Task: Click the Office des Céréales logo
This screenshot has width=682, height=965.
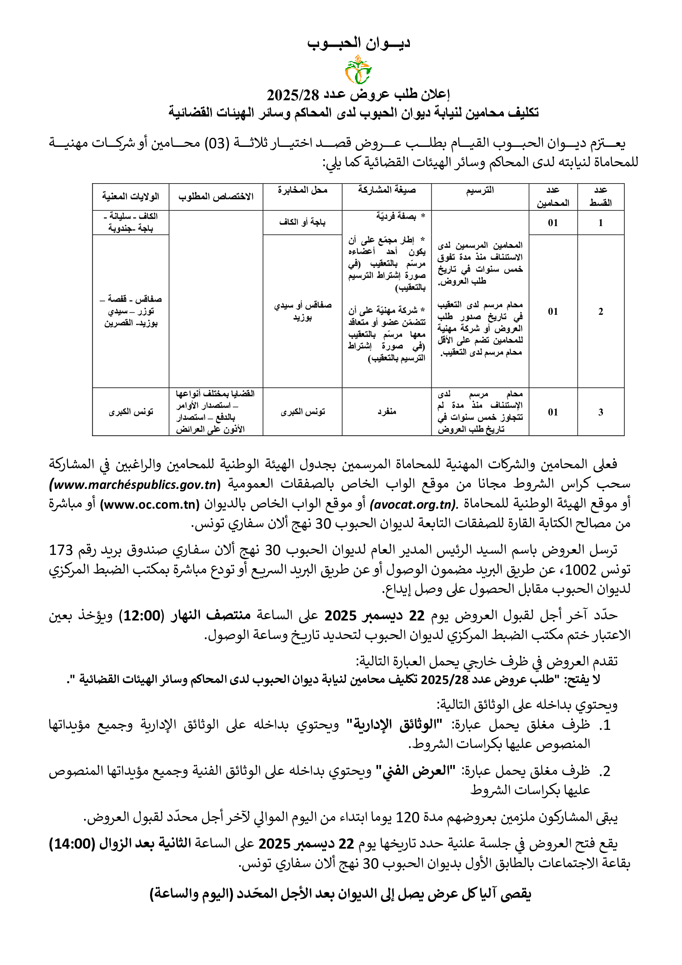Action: (358, 70)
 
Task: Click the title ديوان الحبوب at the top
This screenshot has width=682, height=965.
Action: (358, 43)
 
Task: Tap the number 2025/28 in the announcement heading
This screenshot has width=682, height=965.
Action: (293, 95)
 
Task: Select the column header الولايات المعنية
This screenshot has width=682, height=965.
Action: (131, 196)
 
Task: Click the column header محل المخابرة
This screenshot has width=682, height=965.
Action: (302, 190)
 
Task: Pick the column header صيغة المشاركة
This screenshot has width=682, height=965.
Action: (387, 190)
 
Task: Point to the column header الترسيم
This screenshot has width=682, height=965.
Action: (480, 190)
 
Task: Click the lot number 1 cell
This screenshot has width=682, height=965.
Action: (600, 222)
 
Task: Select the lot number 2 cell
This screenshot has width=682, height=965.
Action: (600, 311)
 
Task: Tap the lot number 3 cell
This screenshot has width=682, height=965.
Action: (600, 412)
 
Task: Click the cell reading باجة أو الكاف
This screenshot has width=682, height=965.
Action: (302, 222)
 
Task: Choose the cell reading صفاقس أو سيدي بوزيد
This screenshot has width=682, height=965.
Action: (302, 311)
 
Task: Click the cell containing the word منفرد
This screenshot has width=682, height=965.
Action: (387, 412)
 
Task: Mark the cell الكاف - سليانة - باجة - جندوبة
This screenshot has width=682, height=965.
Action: (131, 222)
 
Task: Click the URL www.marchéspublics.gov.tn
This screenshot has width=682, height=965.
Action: (135, 485)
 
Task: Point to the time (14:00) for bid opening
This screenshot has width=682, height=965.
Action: (72, 844)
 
